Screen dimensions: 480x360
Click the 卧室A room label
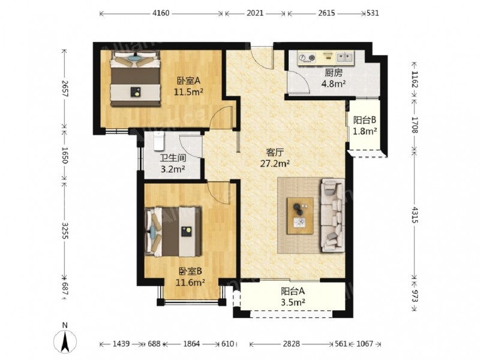[188, 81]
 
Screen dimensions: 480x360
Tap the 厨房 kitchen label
[334, 73]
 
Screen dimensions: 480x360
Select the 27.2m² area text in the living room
[275, 163]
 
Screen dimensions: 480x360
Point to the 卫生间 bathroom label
[173, 158]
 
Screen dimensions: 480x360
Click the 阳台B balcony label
[365, 120]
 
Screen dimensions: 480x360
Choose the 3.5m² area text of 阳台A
[293, 302]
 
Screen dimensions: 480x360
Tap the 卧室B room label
[190, 271]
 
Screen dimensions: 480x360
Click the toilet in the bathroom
[159, 142]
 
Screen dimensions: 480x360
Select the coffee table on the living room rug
[300, 216]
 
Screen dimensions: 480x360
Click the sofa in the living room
[332, 215]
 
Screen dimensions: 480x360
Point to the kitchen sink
[345, 57]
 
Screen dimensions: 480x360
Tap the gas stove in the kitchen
[307, 58]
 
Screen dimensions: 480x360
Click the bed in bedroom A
[136, 79]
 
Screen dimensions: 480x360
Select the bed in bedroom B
[173, 232]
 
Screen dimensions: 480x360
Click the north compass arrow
[65, 340]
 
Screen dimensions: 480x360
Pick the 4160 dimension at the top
[161, 13]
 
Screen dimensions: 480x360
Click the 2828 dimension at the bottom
[292, 344]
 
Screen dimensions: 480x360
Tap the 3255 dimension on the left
[65, 231]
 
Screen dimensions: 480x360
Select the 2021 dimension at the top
[254, 13]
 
